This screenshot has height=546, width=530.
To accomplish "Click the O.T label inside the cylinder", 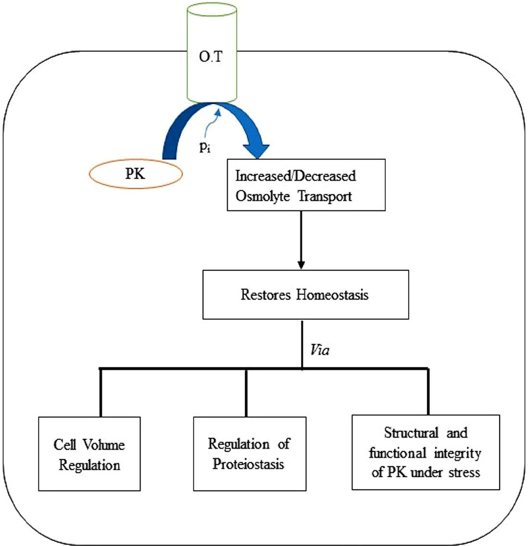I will click(211, 60).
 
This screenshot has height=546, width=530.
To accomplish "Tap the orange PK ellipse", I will click(136, 173).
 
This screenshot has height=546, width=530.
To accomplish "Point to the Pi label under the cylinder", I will click(205, 146).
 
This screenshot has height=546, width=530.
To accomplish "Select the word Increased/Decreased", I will click(295, 176).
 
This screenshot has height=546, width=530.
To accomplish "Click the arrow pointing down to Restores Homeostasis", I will click(301, 263).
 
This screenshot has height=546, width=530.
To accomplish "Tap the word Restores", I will click(266, 294).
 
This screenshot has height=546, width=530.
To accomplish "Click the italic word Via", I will click(320, 350).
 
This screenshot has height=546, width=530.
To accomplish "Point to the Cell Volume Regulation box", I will click(89, 453).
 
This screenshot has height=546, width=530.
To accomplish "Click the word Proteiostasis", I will click(249, 464).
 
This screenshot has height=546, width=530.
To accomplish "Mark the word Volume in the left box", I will click(104, 445).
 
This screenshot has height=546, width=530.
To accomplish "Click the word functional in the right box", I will click(397, 452).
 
